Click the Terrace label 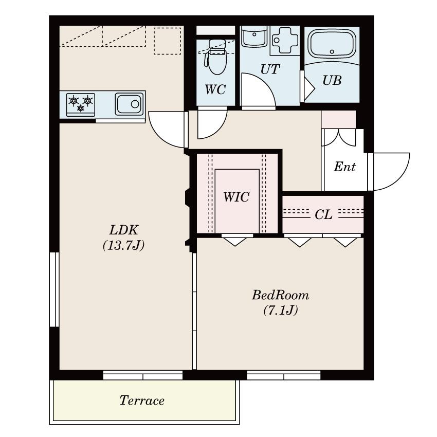point(142,400)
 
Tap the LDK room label point(124,230)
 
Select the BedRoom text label point(280,295)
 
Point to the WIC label point(236,197)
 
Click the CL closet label point(323,214)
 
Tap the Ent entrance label point(344,167)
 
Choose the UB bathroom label point(332,81)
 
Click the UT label point(270,69)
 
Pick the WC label point(215,89)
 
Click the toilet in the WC point(216,57)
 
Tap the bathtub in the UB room point(332,45)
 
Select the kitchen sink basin point(130,104)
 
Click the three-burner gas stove point(81,104)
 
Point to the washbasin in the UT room point(254,37)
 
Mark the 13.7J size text point(124,245)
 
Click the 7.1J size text point(281,310)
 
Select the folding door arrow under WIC point(235,242)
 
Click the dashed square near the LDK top point(168,41)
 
